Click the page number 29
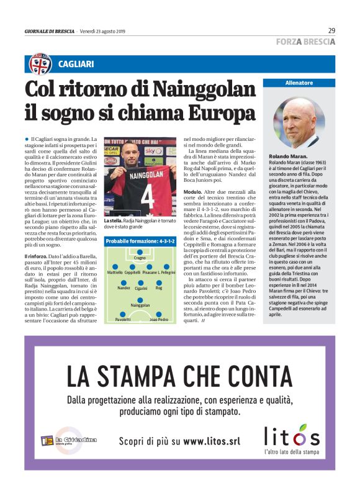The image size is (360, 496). click(x=331, y=30)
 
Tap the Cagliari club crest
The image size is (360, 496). click(x=40, y=64)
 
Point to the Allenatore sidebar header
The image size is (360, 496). click(x=299, y=83)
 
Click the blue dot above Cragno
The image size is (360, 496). click(x=139, y=251)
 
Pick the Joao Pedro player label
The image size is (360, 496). click(x=159, y=320)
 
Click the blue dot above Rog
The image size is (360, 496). click(x=160, y=282)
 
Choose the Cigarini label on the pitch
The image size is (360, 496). click(x=141, y=289)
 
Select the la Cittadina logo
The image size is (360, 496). click(x=69, y=440)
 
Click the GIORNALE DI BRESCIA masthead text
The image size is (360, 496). click(x=50, y=31)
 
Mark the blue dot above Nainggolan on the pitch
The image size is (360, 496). click(x=141, y=299)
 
